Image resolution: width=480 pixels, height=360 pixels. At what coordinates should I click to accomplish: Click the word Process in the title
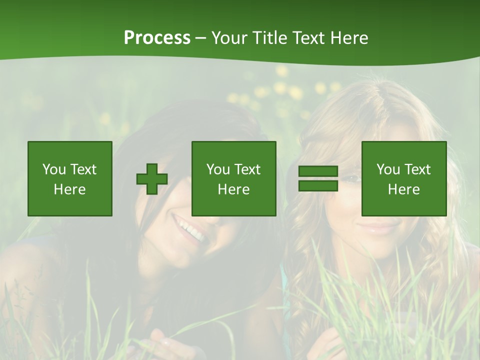pyautogui.click(x=157, y=38)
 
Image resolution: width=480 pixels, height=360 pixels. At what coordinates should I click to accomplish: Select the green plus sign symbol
pyautogui.click(x=152, y=178)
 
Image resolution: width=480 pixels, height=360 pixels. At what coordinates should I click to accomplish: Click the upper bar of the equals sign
pyautogui.click(x=318, y=171)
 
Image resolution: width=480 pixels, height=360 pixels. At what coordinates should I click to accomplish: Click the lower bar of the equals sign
pyautogui.click(x=318, y=185)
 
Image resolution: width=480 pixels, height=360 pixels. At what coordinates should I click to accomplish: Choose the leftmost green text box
pyautogui.click(x=70, y=178)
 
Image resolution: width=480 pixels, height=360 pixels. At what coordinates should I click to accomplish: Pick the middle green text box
pyautogui.click(x=234, y=178)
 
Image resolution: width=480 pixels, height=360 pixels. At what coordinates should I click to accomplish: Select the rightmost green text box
pyautogui.click(x=404, y=178)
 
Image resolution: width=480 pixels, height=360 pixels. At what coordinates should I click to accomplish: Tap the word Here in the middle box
pyautogui.click(x=234, y=189)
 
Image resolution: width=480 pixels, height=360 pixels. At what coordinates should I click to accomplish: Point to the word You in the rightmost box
pyautogui.click(x=388, y=169)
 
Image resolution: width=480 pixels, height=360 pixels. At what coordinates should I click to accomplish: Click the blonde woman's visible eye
pyautogui.click(x=353, y=178)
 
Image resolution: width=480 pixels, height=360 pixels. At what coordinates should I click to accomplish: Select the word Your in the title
pyautogui.click(x=229, y=38)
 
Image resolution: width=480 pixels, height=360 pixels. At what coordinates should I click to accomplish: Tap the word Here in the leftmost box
pyautogui.click(x=70, y=189)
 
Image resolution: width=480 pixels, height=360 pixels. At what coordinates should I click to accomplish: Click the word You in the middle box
pyautogui.click(x=218, y=169)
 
